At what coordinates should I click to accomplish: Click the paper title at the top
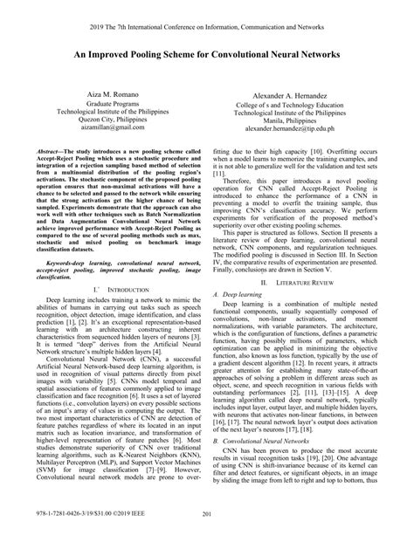(207, 51)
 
